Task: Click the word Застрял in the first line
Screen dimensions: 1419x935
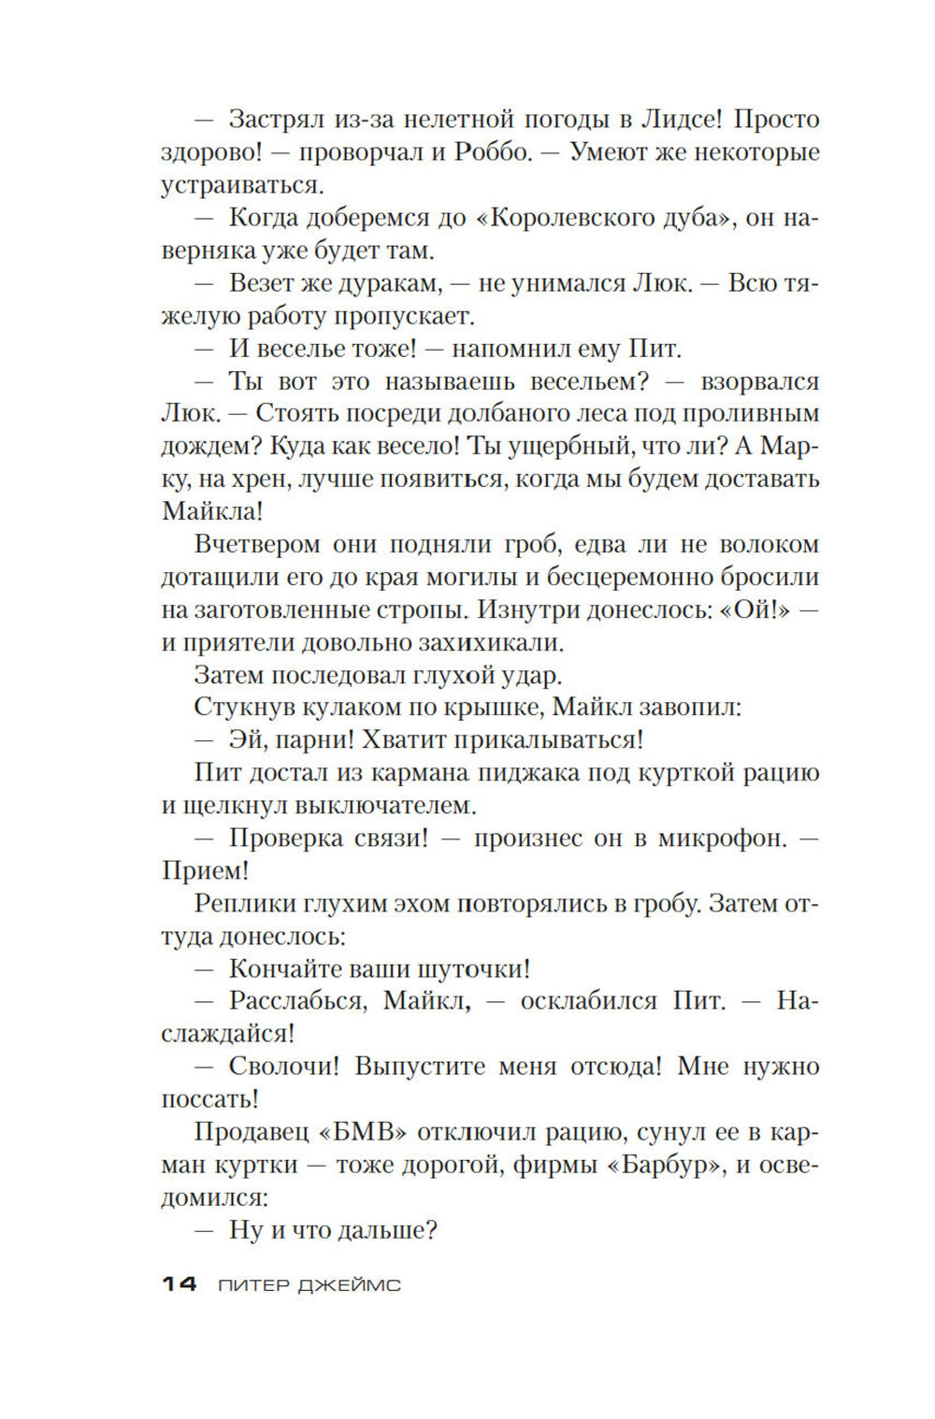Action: (276, 120)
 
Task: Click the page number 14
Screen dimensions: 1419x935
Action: (179, 1285)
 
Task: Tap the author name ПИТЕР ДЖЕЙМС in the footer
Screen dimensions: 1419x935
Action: (309, 1286)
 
